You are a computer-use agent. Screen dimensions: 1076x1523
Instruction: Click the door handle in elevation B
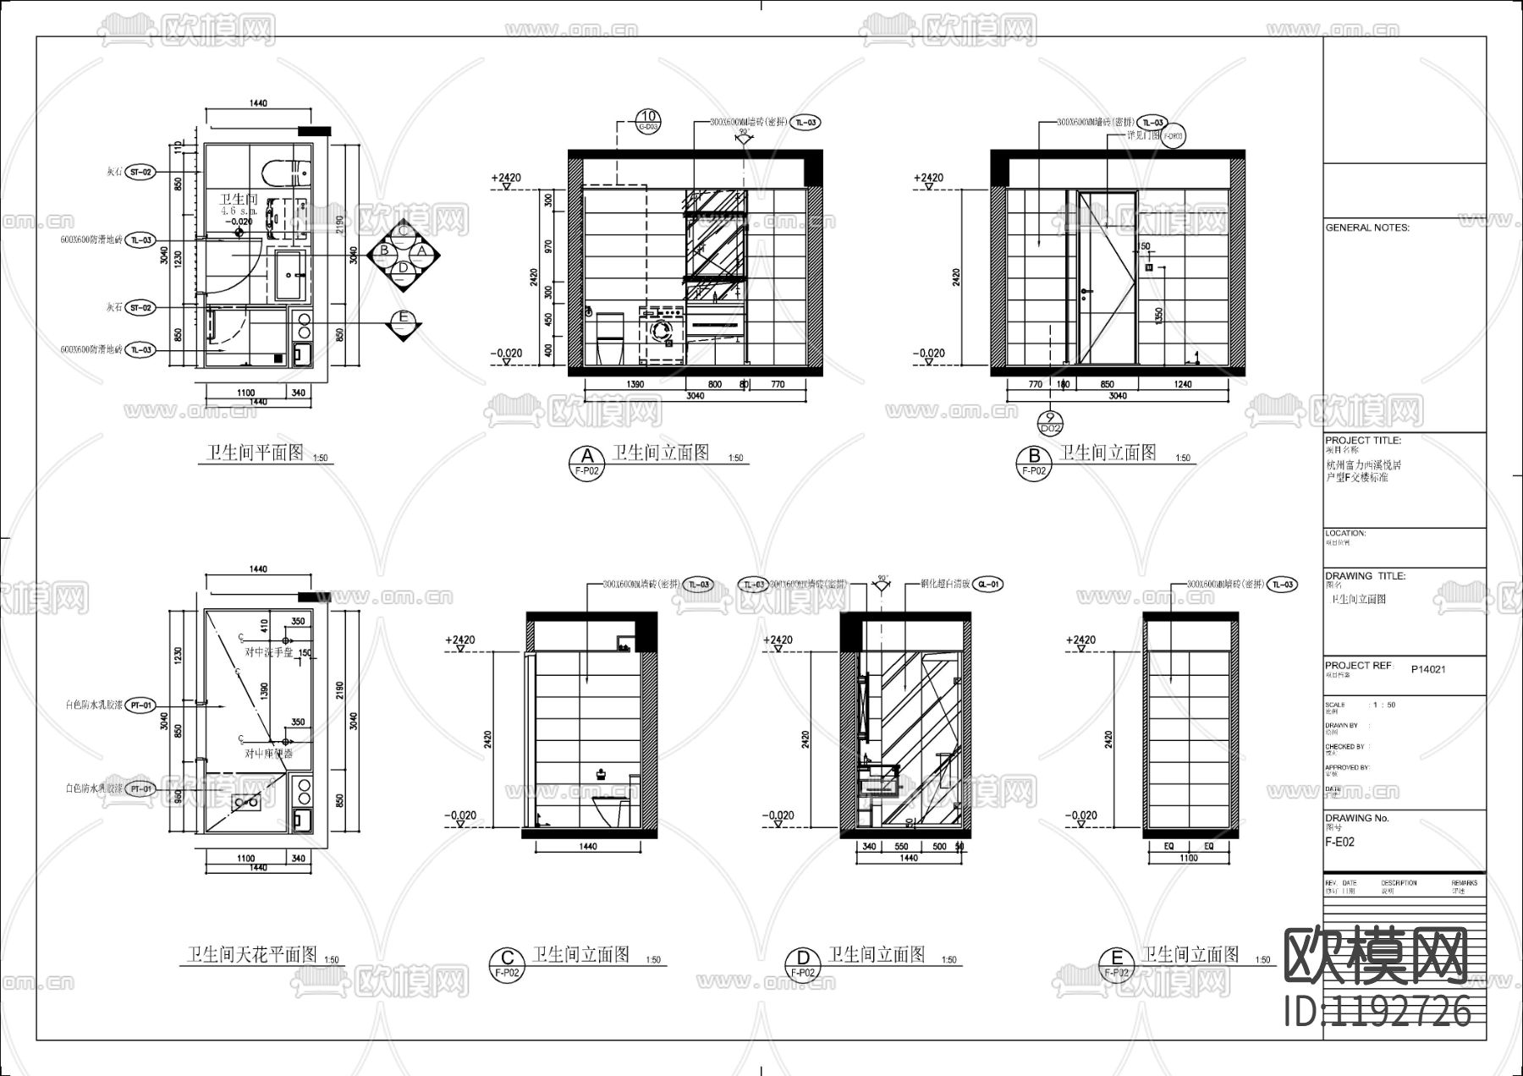[1086, 293]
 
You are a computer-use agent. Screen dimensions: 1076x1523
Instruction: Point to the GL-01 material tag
[989, 585]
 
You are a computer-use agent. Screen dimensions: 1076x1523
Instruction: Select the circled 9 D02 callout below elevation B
[1050, 422]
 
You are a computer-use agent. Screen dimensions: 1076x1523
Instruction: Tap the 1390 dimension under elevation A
[635, 385]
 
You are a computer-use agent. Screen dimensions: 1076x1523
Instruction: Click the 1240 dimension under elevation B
[1182, 385]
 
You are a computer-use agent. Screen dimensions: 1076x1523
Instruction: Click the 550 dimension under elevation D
[900, 846]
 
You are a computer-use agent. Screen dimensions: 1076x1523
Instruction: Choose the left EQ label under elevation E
[1168, 846]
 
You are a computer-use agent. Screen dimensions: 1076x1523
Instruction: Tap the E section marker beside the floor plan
[404, 319]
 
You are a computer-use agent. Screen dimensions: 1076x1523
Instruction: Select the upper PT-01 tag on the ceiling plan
[141, 705]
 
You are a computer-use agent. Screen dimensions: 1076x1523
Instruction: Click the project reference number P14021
[1428, 669]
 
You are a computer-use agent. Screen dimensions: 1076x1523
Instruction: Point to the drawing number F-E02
[1339, 843]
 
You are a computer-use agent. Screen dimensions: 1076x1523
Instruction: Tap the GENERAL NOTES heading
[1367, 228]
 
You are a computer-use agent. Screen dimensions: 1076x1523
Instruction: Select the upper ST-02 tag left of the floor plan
[141, 172]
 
